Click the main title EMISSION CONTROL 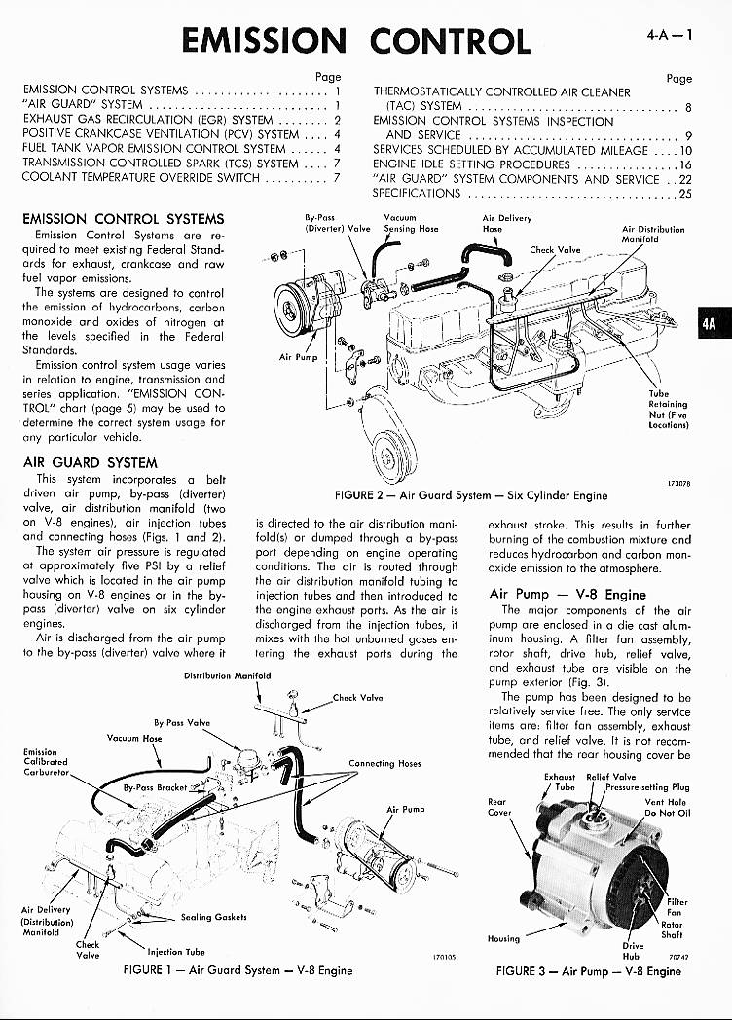[x=356, y=41]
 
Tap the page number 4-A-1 [x=669, y=35]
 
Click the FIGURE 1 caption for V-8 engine [x=238, y=969]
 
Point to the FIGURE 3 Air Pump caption [x=588, y=970]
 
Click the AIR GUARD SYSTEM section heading [x=90, y=462]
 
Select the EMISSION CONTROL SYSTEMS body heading [x=123, y=219]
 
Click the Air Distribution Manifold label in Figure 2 [x=652, y=235]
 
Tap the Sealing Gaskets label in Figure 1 [x=213, y=917]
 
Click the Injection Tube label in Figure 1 [x=175, y=952]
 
